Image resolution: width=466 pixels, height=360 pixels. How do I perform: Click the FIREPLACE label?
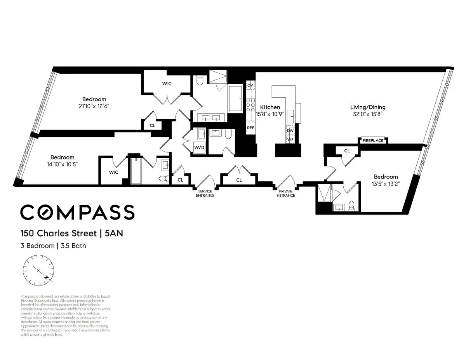(373, 140)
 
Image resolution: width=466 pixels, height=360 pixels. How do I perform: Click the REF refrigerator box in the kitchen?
(250, 128)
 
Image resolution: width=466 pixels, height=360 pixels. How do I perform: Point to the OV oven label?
(250, 85)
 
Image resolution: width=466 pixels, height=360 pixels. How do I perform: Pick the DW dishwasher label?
(290, 130)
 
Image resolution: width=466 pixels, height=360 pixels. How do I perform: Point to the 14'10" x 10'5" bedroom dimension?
(62, 164)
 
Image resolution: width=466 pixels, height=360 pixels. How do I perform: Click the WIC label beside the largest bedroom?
(167, 83)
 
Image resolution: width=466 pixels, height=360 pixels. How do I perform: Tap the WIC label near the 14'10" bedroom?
(113, 172)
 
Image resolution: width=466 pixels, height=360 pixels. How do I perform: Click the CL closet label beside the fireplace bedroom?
(347, 151)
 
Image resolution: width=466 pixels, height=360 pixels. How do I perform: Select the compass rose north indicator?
(47, 278)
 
